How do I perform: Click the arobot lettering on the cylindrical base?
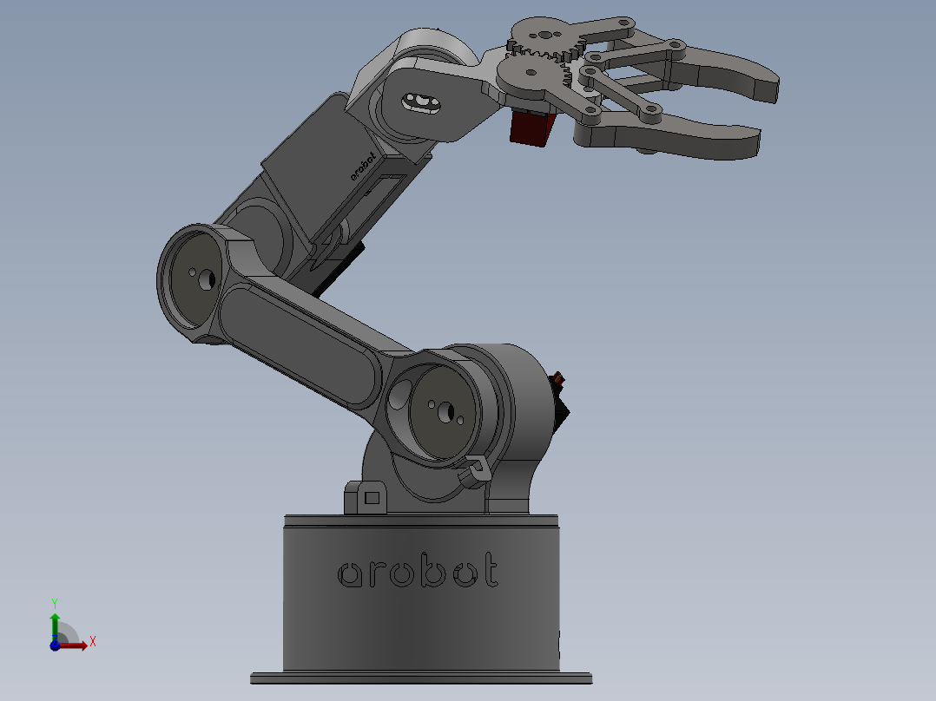[x=418, y=571]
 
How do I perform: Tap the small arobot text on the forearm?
[x=365, y=165]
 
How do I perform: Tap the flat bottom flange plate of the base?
[x=421, y=677]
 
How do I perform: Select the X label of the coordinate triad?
[x=92, y=642]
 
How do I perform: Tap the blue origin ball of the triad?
[x=54, y=645]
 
